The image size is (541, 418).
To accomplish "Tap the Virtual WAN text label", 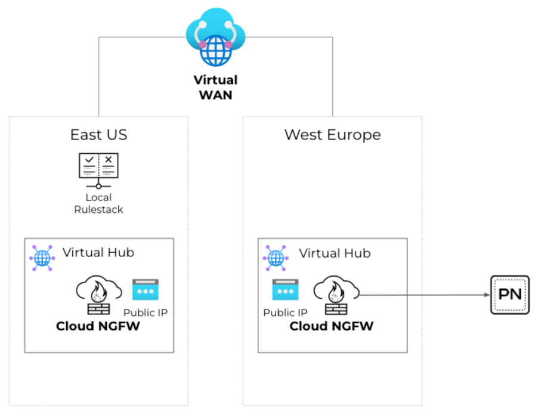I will (x=215, y=87).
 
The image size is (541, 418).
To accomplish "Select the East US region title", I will (x=98, y=135).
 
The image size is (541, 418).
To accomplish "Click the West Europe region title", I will (x=332, y=135).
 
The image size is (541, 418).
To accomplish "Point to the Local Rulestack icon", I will (x=98, y=169).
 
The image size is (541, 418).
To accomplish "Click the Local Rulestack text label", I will (x=98, y=203).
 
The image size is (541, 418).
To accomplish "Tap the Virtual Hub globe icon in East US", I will (x=42, y=258).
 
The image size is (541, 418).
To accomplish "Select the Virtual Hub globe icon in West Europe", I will (x=275, y=258).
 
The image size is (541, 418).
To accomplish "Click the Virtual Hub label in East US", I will (x=98, y=252).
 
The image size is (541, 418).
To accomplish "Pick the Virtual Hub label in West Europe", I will (x=335, y=253).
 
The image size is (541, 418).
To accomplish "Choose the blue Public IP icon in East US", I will (x=145, y=290).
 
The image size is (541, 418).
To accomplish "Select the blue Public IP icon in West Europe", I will (x=285, y=290).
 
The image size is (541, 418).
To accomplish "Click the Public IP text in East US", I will (x=145, y=312).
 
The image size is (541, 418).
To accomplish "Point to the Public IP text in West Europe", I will (x=285, y=312).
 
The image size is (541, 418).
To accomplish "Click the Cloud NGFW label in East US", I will (x=98, y=326).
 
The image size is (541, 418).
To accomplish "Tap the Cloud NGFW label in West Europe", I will (x=331, y=326).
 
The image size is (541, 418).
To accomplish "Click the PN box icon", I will (x=509, y=295).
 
